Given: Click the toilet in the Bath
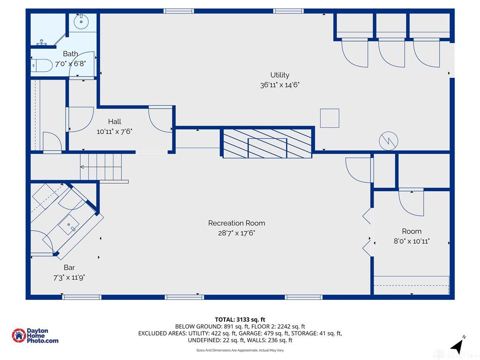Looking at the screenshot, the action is tap(42, 66).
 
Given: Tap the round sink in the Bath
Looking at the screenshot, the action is tap(81, 22).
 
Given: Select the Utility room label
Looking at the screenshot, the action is tap(280, 75).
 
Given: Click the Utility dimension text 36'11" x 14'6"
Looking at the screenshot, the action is tap(280, 85).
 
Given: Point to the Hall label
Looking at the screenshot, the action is tap(114, 121).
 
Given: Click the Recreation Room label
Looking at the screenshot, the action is tap(237, 223).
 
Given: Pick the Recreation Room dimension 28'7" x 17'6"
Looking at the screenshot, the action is tap(237, 233).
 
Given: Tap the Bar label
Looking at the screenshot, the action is tap(69, 268).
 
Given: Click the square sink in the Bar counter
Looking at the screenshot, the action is tap(69, 225).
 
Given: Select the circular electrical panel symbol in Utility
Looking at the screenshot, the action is tap(389, 141).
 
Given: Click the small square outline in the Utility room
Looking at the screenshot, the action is tap(330, 118).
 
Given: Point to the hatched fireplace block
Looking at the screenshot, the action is tap(267, 143).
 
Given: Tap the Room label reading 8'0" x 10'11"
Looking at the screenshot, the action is tap(412, 241).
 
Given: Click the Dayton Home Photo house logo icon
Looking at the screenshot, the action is tap(19, 336).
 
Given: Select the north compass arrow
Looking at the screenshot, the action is tap(457, 346).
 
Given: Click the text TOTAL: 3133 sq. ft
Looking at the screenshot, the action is tap(240, 320).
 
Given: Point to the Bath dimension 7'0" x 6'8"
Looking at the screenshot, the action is tap(70, 64).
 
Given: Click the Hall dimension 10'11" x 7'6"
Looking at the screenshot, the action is tap(114, 132).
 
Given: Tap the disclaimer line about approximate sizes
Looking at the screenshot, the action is tap(240, 350).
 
